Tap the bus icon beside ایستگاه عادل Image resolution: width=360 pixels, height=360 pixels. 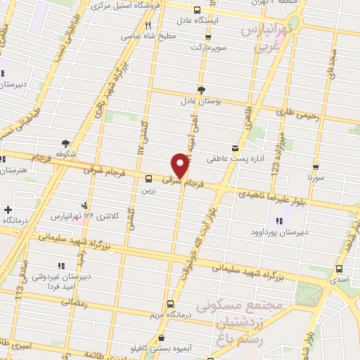[x=196, y=10]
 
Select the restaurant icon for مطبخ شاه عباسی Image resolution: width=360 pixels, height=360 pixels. [x=148, y=27]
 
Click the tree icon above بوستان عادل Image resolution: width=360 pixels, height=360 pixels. [x=202, y=90]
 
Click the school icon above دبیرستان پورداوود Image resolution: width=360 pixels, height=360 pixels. [x=280, y=221]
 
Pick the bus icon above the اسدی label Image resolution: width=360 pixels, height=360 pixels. [x=340, y=269]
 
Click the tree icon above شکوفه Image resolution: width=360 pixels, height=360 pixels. [x=65, y=142]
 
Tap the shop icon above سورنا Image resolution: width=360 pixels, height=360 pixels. [x=316, y=167]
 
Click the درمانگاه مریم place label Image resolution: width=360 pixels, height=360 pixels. [x=170, y=314]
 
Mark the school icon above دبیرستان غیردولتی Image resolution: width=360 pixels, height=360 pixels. [x=61, y=266]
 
